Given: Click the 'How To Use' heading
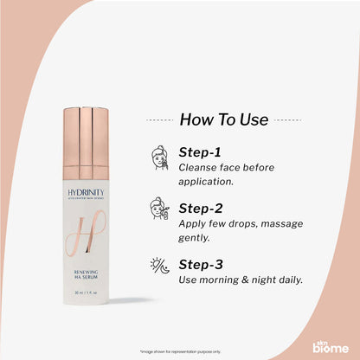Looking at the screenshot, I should (224, 120).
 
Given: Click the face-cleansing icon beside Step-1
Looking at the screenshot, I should (159, 157).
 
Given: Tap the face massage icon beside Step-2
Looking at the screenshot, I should (159, 209).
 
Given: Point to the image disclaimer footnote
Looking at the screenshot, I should (179, 350).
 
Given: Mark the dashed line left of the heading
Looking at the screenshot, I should (158, 120).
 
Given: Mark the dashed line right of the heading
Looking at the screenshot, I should (289, 120).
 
